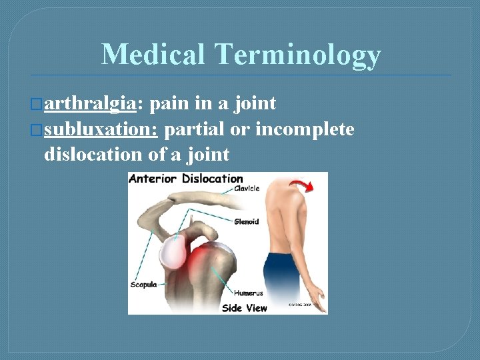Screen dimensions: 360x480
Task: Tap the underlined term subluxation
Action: click(101, 129)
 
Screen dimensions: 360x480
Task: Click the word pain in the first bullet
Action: click(169, 104)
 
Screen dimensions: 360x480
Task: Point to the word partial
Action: click(194, 129)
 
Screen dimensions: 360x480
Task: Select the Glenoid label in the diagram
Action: click(246, 222)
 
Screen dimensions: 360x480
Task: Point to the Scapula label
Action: click(143, 285)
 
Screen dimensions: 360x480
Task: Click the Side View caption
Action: click(244, 307)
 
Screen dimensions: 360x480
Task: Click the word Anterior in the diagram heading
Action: click(153, 179)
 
